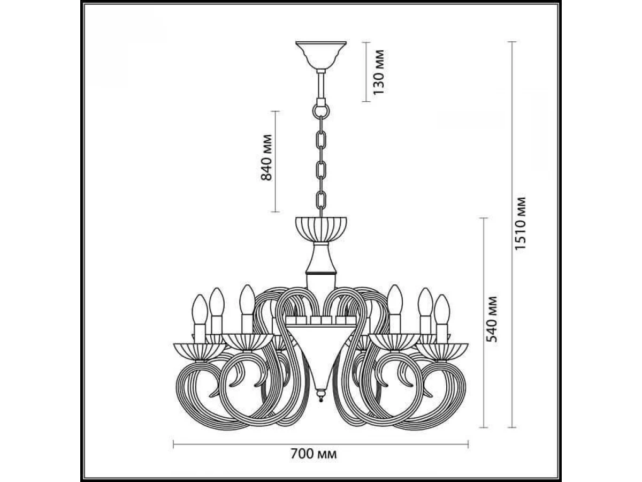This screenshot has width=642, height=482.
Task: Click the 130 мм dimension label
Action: pyautogui.click(x=378, y=72)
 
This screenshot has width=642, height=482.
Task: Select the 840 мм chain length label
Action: pyautogui.click(x=266, y=157)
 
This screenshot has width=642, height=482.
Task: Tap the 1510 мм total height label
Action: pyautogui.click(x=521, y=223)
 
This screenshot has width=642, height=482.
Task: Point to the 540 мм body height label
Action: pyautogui.click(x=491, y=319)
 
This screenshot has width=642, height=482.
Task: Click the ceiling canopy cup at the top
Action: pyautogui.click(x=321, y=55)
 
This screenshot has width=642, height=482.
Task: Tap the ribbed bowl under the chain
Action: pyautogui.click(x=321, y=229)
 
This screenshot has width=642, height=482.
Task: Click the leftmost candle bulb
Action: pyautogui.click(x=200, y=310)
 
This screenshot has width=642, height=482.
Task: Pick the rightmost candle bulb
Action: pyautogui.click(x=442, y=310)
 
